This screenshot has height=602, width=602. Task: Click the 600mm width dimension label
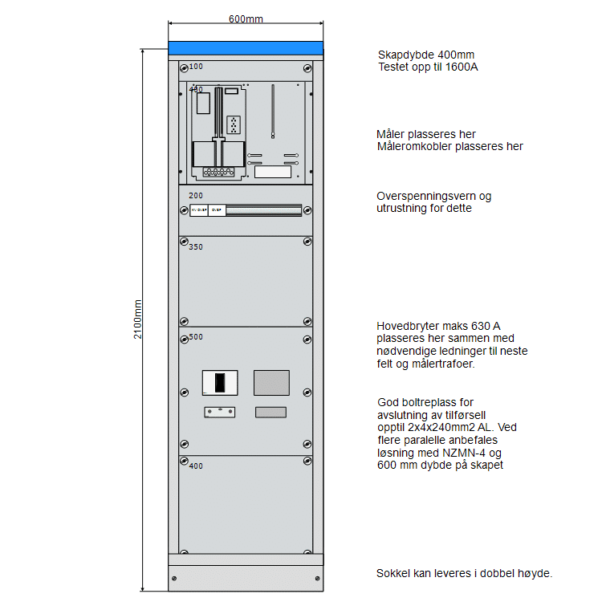[245, 18]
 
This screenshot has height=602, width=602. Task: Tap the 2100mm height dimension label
[138, 319]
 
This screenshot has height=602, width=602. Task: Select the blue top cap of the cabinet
[245, 49]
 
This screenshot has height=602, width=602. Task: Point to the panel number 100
[196, 67]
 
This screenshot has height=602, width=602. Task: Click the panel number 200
[196, 195]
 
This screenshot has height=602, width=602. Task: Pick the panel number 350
[196, 246]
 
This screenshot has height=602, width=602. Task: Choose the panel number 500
[196, 337]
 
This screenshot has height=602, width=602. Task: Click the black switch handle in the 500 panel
[220, 382]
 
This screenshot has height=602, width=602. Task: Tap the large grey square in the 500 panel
[271, 382]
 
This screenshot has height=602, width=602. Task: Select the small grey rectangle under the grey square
[270, 413]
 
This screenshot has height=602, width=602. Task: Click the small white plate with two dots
[219, 413]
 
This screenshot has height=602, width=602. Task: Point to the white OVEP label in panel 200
[216, 210]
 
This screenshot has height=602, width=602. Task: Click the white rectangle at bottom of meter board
[273, 171]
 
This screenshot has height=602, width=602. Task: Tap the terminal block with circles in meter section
[218, 172]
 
